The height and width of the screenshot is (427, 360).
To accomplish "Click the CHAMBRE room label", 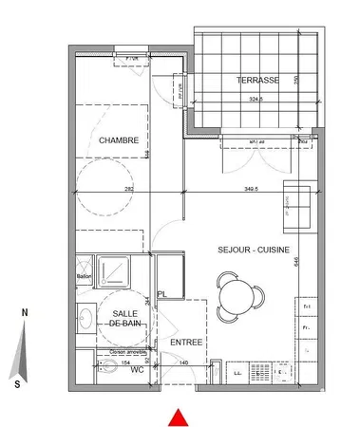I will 119,140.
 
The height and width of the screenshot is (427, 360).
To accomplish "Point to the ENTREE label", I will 183,342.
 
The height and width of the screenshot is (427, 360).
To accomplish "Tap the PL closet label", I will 163,294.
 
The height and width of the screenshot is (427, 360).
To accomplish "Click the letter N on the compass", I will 27,312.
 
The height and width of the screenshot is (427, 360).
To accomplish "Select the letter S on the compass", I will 17,383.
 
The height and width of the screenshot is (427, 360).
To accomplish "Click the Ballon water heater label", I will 83,277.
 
